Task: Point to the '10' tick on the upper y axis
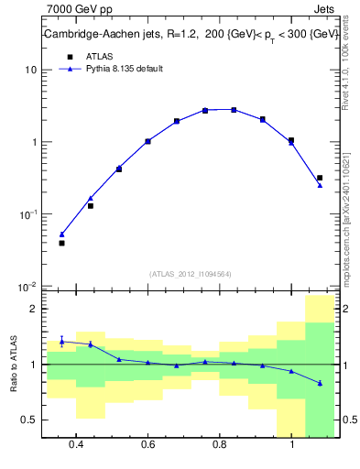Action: click(x=31, y=70)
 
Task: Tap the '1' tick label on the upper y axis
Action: click(x=34, y=142)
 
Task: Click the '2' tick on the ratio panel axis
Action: click(x=34, y=310)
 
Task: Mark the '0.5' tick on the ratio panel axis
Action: click(x=30, y=420)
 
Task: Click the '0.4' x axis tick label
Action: click(x=76, y=444)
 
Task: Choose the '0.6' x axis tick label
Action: click(x=147, y=444)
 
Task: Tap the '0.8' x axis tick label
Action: click(x=220, y=444)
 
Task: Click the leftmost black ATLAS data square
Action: click(x=61, y=243)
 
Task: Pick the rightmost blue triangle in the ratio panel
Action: click(x=320, y=383)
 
